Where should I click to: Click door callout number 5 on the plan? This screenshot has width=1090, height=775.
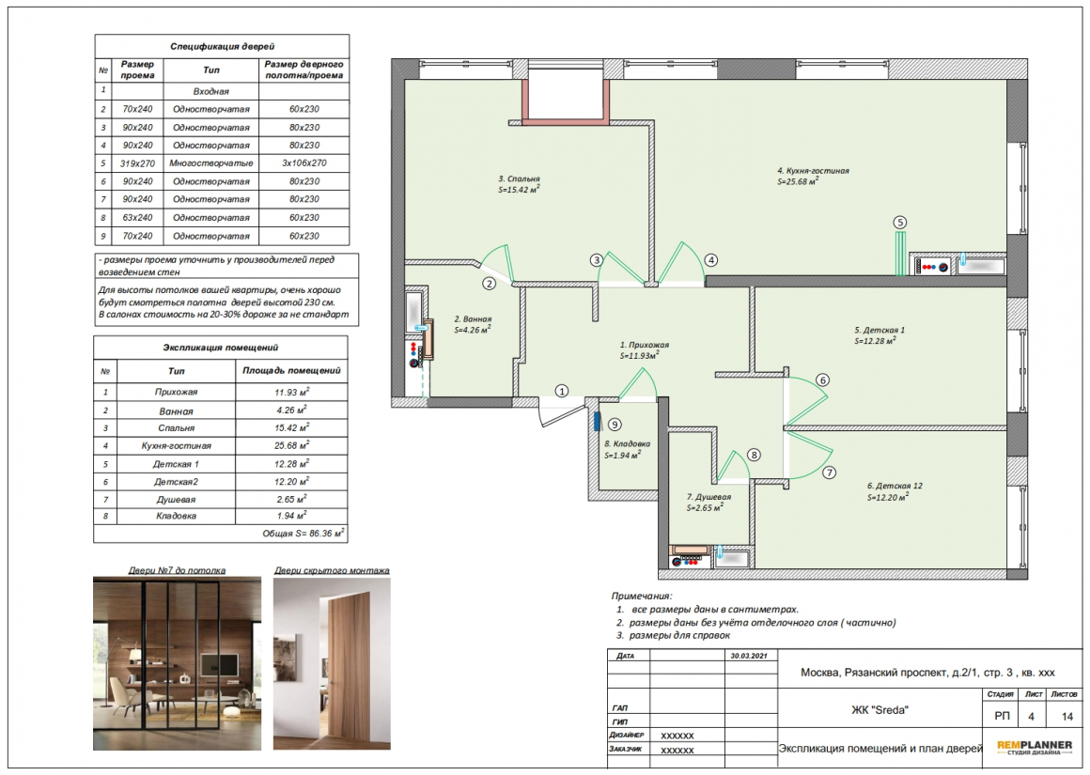tap(899, 223)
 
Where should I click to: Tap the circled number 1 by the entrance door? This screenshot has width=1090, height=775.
tap(562, 391)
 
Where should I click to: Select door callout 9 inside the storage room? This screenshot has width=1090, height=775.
tap(614, 425)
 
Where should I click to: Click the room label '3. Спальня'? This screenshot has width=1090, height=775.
tap(519, 178)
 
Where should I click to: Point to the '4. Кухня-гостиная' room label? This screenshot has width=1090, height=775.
tap(813, 170)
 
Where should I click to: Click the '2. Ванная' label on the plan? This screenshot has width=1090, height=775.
tap(473, 319)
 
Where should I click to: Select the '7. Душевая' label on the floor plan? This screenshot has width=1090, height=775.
tap(708, 497)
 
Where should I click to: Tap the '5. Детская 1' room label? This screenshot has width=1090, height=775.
tap(880, 330)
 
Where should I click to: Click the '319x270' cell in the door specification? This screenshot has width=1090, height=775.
tap(137, 163)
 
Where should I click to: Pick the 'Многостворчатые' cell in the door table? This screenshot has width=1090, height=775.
tap(211, 163)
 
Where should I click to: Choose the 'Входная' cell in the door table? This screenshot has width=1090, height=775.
tap(211, 91)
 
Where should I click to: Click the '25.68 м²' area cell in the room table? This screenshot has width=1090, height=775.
tap(291, 445)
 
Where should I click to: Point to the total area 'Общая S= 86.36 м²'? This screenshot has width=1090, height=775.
tap(304, 534)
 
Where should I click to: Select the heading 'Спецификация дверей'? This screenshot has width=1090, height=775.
tap(223, 47)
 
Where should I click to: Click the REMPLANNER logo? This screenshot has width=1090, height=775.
tap(1035, 748)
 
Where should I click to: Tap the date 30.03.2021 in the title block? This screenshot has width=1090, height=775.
tap(749, 656)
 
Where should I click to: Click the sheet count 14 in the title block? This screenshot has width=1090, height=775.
tap(1067, 716)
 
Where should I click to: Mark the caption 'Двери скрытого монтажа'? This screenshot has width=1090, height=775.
tap(332, 570)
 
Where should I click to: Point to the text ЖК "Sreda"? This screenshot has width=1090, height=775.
tap(880, 709)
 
